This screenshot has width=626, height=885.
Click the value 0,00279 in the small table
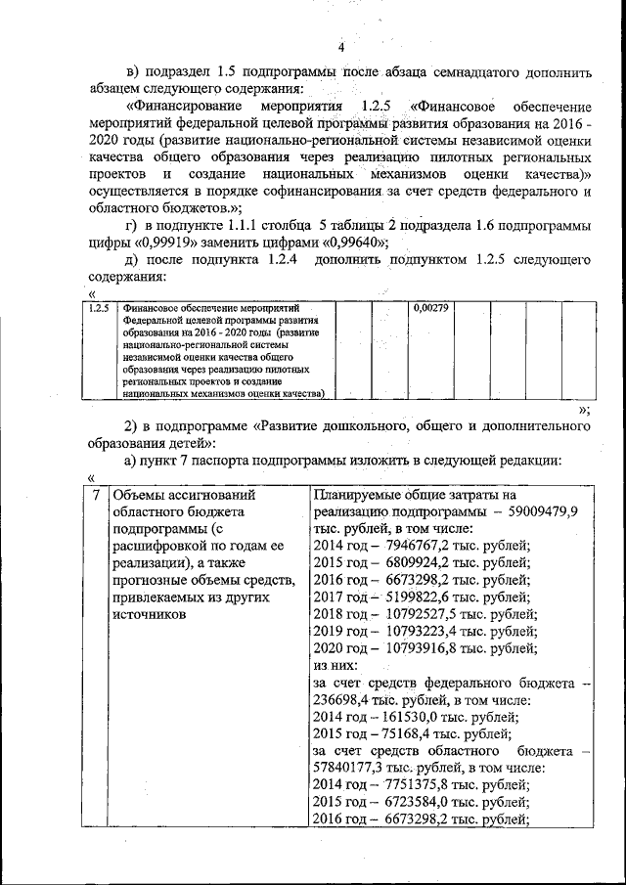click(430, 308)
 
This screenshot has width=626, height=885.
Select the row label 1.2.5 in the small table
click(97, 308)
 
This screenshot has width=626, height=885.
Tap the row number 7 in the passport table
click(95, 494)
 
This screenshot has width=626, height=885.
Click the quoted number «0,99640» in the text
click(346, 243)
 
